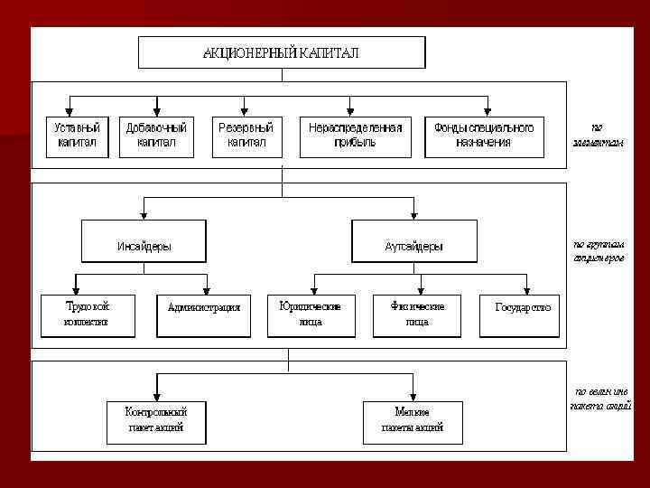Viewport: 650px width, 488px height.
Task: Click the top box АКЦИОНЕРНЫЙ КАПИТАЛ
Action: tap(281, 52)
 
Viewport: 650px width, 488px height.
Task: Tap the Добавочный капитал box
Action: tap(156, 135)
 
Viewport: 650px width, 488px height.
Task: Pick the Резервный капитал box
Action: tap(246, 135)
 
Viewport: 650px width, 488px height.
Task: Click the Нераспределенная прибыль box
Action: tap(355, 135)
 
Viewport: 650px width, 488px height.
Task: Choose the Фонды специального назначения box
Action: tap(484, 135)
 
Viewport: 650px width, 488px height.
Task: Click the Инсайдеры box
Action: tap(144, 242)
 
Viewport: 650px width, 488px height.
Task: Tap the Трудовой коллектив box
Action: tap(87, 314)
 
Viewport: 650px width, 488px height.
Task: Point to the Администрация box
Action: tap(204, 314)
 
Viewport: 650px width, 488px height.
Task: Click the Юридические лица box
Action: tap(310, 314)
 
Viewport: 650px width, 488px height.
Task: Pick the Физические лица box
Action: tap(417, 314)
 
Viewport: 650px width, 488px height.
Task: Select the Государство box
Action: tap(520, 314)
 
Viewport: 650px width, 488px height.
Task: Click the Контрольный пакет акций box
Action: tap(157, 420)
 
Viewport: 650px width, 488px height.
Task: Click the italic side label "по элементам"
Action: tap(597, 135)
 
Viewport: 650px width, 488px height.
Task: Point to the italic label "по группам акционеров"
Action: tap(598, 250)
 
